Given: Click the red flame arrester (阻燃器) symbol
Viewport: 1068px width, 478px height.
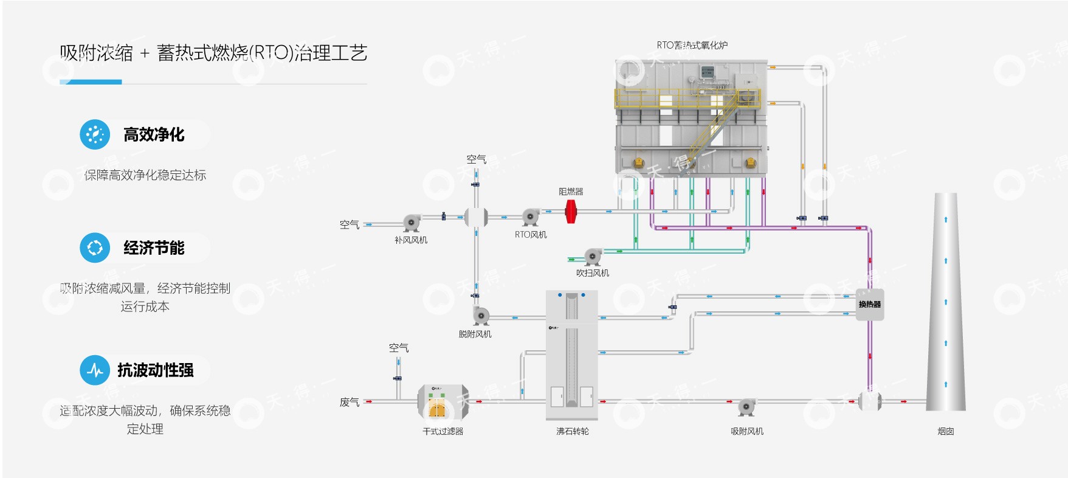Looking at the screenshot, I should [571, 211].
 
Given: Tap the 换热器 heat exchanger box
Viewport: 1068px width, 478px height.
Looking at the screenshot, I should [869, 304].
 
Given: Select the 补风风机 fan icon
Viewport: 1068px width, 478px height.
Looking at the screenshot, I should [412, 223].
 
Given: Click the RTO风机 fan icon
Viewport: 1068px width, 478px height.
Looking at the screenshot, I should [531, 216].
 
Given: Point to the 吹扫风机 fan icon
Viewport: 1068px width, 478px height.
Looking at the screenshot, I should [593, 257].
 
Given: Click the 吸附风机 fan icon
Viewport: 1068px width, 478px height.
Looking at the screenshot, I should [746, 406].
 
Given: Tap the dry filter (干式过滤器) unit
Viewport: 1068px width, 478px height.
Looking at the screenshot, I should [443, 403].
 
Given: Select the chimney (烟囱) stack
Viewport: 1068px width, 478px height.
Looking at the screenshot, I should [945, 304].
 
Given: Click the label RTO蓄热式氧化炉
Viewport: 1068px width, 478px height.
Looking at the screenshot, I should [692, 45].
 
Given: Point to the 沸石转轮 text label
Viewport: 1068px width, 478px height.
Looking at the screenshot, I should [572, 431].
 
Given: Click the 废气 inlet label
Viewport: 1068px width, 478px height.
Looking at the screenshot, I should [350, 402].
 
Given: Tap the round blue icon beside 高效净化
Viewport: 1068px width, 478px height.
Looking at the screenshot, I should [95, 134].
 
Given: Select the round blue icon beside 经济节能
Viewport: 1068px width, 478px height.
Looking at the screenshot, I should [95, 248].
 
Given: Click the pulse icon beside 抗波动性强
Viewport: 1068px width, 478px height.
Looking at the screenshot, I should [95, 370].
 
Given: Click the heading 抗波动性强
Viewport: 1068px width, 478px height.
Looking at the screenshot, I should [156, 370].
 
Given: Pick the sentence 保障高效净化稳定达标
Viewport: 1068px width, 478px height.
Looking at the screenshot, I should [145, 175].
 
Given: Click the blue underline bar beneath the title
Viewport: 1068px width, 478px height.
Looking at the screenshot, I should [91, 81].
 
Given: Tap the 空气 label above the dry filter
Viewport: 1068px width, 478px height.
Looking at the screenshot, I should [399, 348].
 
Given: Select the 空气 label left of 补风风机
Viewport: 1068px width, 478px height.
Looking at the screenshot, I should [350, 224].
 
